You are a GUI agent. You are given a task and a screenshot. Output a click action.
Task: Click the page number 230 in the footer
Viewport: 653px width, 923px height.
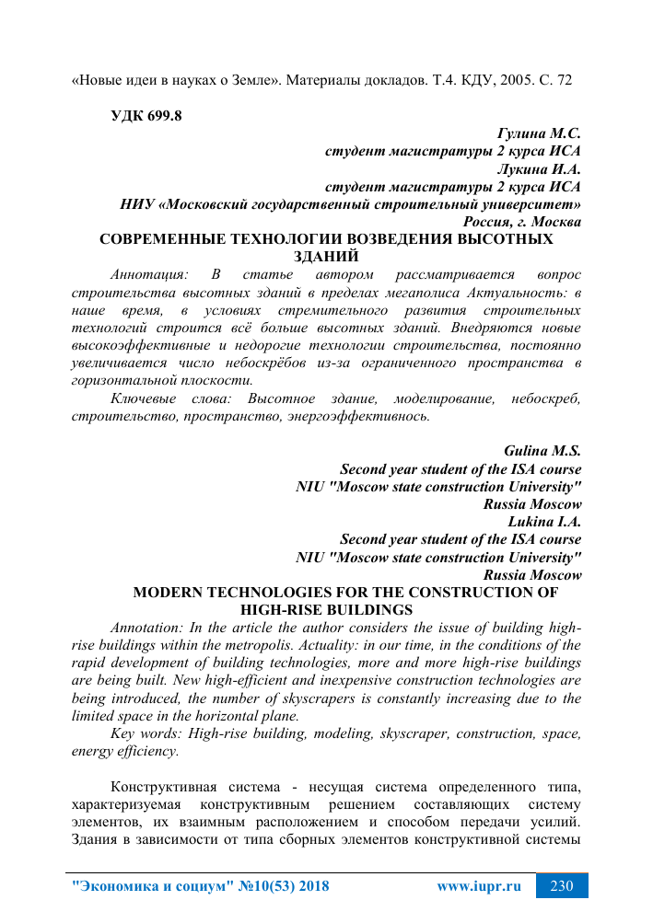(x=562, y=887)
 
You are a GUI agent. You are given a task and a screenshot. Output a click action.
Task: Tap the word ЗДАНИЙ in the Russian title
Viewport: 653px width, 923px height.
(x=325, y=256)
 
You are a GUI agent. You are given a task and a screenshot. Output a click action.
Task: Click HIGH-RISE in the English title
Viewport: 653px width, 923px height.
(x=275, y=609)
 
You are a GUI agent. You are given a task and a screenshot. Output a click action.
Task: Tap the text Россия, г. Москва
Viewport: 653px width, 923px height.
(x=521, y=222)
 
